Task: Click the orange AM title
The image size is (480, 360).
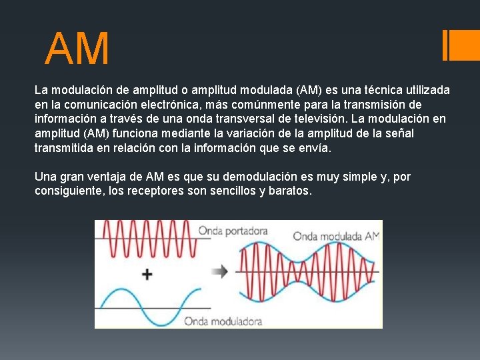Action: [77, 49]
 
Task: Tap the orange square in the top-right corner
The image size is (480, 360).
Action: [465, 45]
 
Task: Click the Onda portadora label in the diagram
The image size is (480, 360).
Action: [233, 231]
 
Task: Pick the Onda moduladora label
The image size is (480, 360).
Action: [223, 321]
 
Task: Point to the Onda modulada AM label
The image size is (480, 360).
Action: [335, 236]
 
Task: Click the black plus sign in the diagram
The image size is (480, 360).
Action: [147, 273]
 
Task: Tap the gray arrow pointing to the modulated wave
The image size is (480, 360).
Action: [219, 271]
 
